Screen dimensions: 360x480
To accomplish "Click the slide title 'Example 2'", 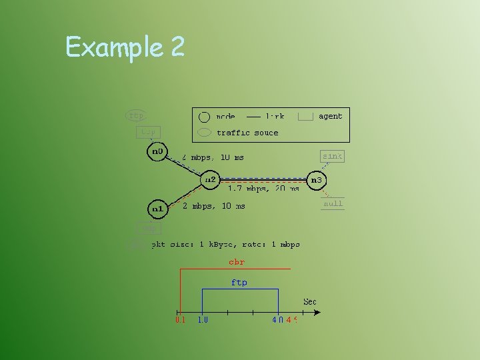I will point(125,47).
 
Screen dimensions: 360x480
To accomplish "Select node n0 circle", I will point(157,151).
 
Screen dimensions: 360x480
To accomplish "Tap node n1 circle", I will point(157,209).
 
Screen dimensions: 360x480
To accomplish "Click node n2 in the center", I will point(210,180).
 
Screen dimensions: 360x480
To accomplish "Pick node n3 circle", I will point(316,180).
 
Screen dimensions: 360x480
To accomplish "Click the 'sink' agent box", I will point(332,156).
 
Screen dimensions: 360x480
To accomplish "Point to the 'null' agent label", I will point(333,203).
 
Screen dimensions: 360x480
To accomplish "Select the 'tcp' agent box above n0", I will point(148,132).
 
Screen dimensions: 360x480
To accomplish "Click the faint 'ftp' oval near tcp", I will point(136,115).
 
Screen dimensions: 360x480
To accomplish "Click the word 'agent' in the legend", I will point(330,116).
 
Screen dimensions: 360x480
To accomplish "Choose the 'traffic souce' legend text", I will point(247,133).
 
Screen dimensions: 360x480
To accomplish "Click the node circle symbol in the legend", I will point(205,116).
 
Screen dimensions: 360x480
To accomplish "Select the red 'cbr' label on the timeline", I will point(237,262).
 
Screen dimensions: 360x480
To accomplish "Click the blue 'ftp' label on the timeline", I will point(239,283).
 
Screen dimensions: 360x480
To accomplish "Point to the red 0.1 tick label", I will point(180,320).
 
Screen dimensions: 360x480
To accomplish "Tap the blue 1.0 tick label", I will point(203,320).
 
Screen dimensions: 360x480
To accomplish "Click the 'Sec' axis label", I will point(310,302).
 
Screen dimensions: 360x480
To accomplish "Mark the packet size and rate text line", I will point(226,245).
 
